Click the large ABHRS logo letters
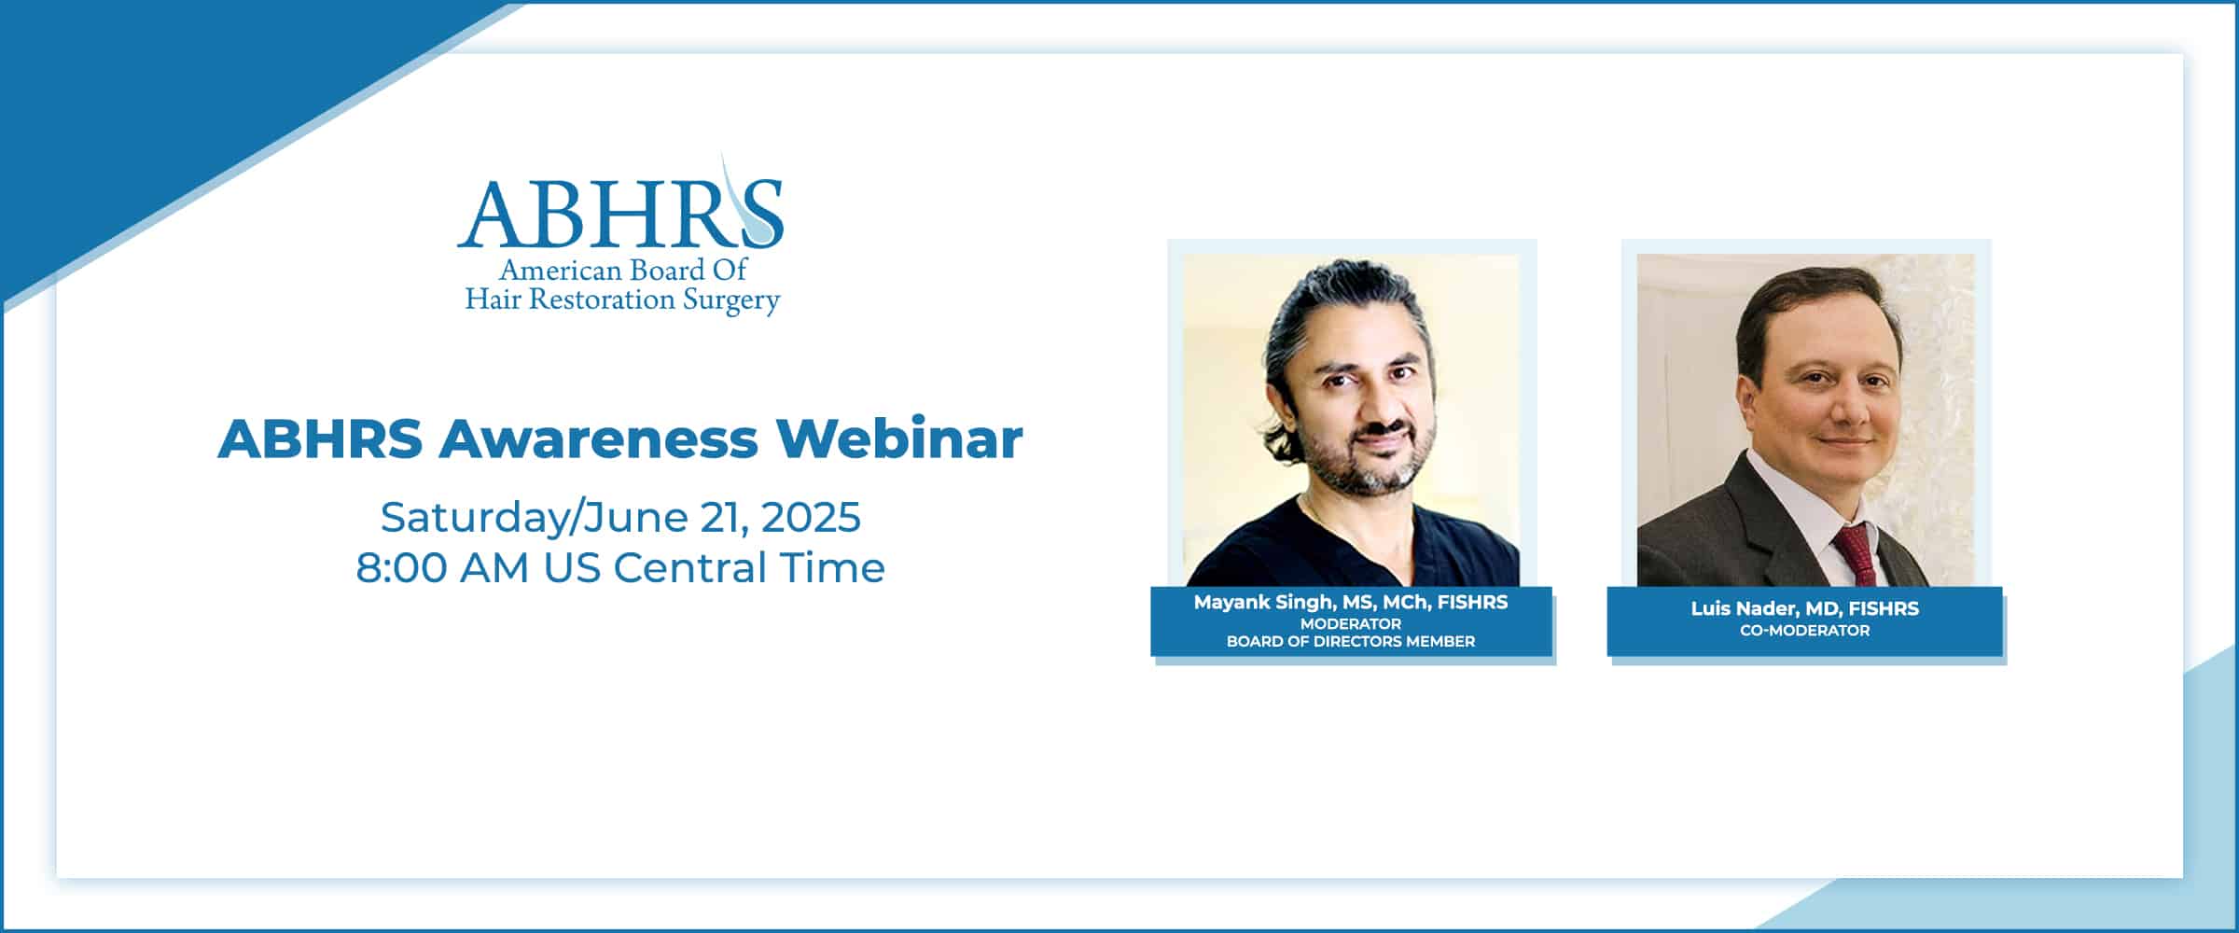click(619, 212)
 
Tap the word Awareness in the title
click(598, 439)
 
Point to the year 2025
click(811, 518)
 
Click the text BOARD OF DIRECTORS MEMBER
click(1351, 642)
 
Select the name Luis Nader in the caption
click(1744, 608)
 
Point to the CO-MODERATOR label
click(1805, 631)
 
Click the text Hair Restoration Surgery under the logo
click(622, 300)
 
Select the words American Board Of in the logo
click(623, 270)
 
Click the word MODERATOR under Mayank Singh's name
click(1351, 624)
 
